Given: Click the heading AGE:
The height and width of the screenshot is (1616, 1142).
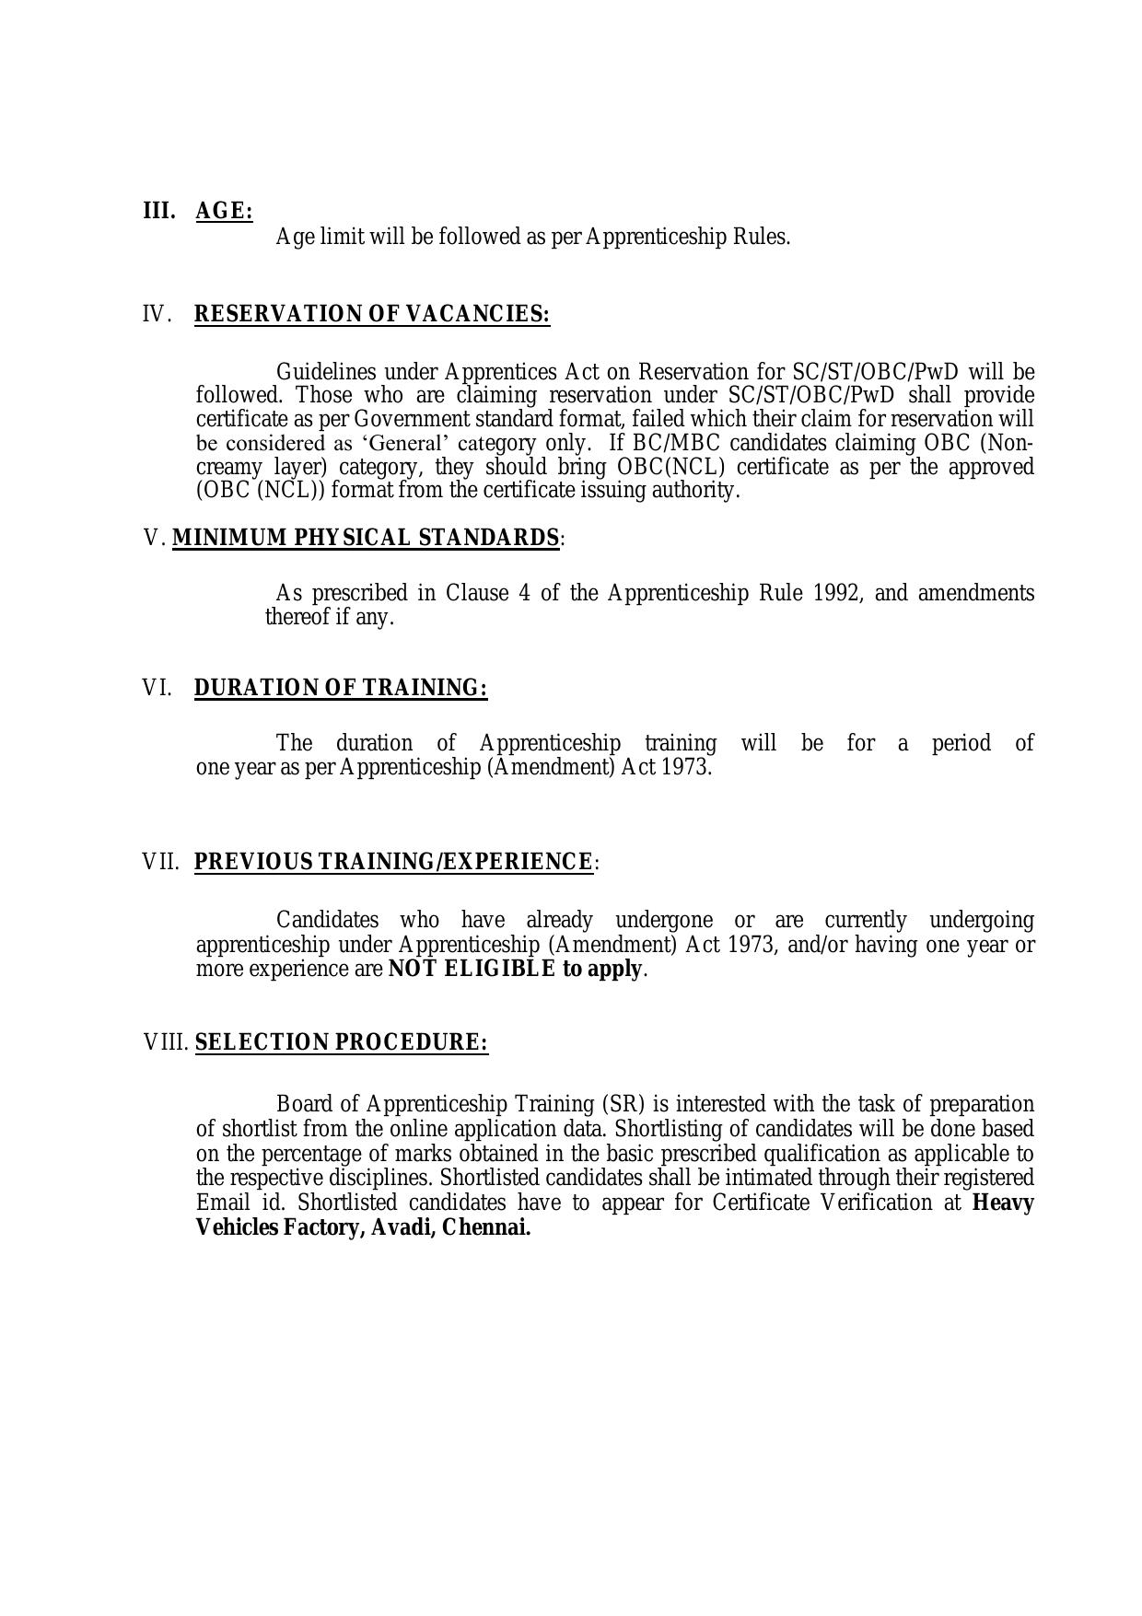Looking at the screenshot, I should click(224, 211).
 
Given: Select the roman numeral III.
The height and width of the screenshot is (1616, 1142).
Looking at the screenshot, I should click(158, 211).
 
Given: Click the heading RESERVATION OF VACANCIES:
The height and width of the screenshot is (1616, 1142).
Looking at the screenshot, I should click(372, 314).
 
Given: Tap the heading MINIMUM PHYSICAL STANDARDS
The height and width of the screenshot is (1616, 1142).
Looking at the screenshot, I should click(366, 538).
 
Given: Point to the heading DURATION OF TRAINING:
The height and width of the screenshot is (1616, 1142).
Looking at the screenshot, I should click(341, 688).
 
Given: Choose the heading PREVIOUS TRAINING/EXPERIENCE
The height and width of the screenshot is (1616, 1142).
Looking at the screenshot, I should click(393, 862).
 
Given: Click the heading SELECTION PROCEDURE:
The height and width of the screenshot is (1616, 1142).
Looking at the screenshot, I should click(342, 1042).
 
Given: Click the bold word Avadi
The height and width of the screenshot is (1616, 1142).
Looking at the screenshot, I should click(400, 1227).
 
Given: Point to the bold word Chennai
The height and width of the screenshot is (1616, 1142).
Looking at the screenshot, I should click(486, 1227).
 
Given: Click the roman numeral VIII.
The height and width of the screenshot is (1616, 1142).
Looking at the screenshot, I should click(166, 1042).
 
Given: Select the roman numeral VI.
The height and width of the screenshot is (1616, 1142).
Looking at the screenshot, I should click(157, 688).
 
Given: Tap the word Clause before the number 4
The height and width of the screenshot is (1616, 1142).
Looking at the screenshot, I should click(477, 592).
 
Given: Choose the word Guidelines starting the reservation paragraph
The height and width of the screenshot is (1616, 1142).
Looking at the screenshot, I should click(325, 372).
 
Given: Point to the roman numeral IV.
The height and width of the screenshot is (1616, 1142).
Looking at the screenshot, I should click(157, 314).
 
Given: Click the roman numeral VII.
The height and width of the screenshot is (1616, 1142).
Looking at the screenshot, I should click(161, 862).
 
